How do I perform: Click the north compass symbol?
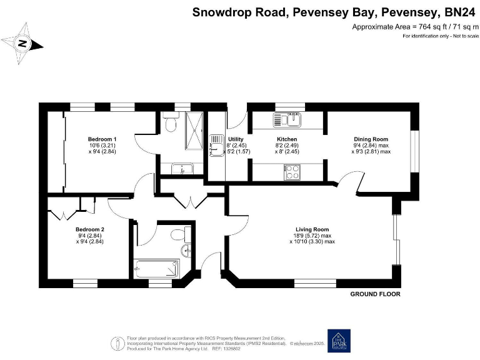[22, 43]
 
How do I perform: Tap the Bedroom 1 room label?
[102, 139]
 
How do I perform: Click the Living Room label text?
[312, 229]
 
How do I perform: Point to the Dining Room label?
[371, 139]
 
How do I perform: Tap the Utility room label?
[236, 139]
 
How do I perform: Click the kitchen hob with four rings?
[291, 171]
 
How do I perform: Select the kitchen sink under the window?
[288, 118]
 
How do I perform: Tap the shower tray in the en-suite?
[194, 131]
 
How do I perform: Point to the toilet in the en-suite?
[169, 125]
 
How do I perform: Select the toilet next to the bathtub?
[179, 234]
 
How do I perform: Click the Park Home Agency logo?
[339, 341]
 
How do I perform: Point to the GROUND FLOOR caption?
[375, 294]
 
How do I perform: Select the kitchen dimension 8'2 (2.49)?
[287, 145]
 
